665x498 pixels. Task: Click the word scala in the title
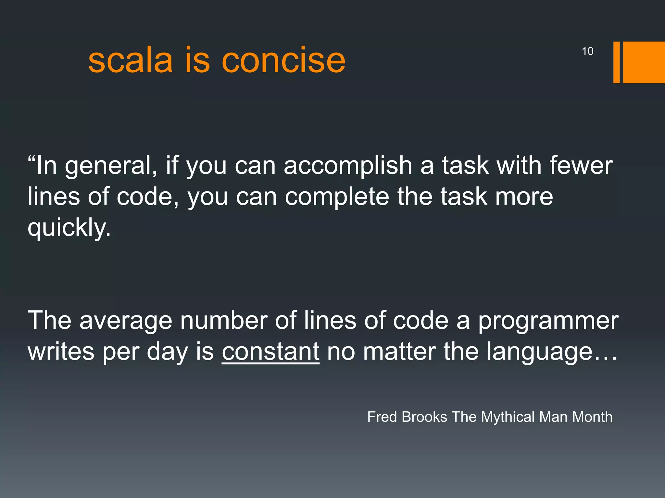130,60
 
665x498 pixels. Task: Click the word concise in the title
283,60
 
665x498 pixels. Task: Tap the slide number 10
587,51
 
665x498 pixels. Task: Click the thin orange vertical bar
616,62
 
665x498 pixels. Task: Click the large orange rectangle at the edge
644,62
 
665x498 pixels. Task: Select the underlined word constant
270,351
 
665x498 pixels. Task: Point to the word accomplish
348,165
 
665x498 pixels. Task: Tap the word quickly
69,228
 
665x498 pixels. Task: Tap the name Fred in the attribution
382,417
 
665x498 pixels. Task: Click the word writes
61,351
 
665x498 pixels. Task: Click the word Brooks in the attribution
424,417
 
